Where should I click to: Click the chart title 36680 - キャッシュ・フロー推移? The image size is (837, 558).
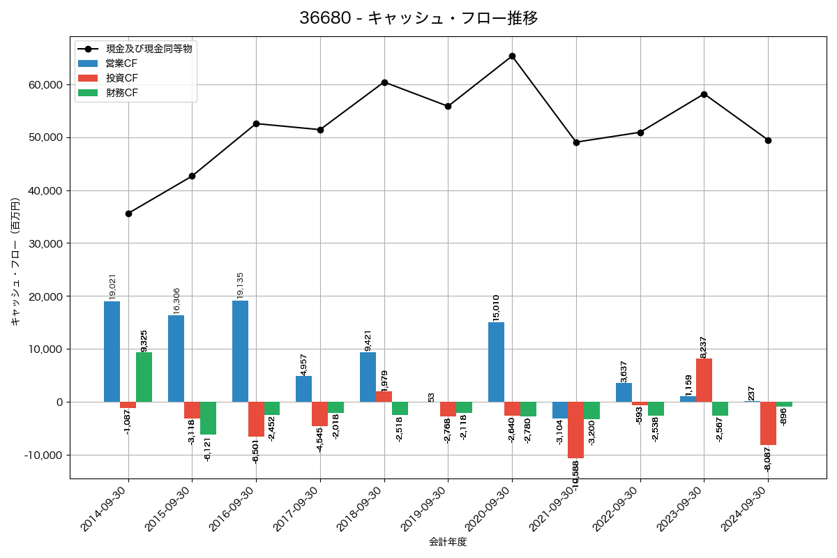pyautogui.click(x=418, y=18)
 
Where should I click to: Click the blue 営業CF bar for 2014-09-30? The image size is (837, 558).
pyautogui.click(x=112, y=352)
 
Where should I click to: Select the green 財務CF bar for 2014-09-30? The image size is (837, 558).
pyautogui.click(x=144, y=377)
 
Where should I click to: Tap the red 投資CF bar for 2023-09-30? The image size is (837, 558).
pyautogui.click(x=704, y=380)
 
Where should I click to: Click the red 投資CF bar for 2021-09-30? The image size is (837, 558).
pyautogui.click(x=576, y=430)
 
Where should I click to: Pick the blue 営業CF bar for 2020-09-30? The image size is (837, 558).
pyautogui.click(x=496, y=362)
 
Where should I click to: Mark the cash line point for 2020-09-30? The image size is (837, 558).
pyautogui.click(x=512, y=56)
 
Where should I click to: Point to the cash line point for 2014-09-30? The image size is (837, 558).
pyautogui.click(x=128, y=213)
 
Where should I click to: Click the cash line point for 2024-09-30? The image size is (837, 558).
pyautogui.click(x=768, y=140)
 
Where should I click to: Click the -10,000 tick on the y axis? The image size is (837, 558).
pyautogui.click(x=41, y=455)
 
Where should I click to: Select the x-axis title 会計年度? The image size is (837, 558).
pyautogui.click(x=447, y=542)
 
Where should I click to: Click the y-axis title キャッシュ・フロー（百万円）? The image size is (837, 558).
pyautogui.click(x=15, y=262)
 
